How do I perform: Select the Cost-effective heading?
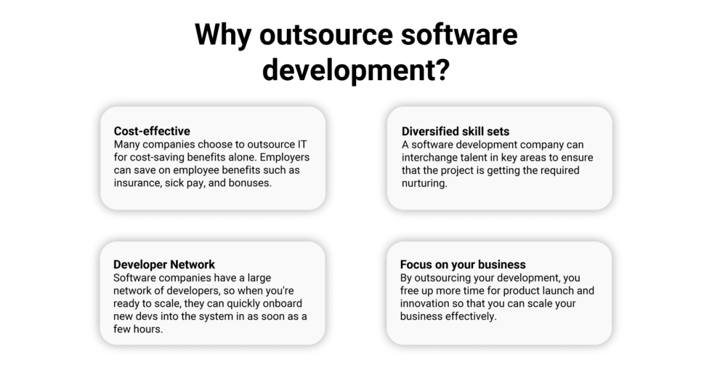click(x=152, y=131)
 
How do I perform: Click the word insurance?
click(x=138, y=183)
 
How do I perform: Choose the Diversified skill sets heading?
click(x=456, y=131)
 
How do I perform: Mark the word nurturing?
click(x=424, y=183)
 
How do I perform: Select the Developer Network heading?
click(x=164, y=264)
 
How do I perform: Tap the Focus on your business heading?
click(x=463, y=264)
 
